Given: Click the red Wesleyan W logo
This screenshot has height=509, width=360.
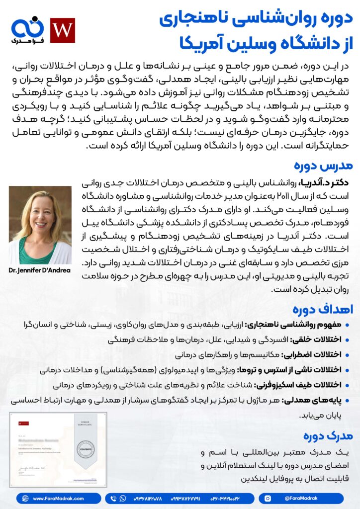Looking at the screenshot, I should tap(63, 30).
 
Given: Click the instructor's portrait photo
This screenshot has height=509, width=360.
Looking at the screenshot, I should tap(40, 225).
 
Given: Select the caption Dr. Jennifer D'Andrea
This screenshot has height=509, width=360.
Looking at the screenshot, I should tap(40, 270).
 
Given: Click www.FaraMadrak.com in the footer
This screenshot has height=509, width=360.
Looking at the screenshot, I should tap(58, 498).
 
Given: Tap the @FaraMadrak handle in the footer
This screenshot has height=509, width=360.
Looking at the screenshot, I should tap(301, 498).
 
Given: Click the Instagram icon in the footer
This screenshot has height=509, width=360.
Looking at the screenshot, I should tap(268, 498).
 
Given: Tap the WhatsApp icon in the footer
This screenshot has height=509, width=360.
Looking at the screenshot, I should tap(123, 498).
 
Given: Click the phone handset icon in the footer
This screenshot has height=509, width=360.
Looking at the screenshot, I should tap(114, 498).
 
